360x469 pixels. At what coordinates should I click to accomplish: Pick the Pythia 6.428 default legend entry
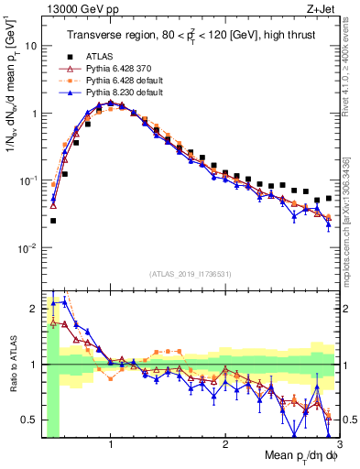(116, 80)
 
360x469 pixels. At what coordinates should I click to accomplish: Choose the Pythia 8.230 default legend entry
(116, 92)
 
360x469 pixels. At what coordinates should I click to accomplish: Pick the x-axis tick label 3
(339, 443)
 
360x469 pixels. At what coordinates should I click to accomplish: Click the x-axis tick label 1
(111, 443)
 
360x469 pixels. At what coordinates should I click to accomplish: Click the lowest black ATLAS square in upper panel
(53, 221)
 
